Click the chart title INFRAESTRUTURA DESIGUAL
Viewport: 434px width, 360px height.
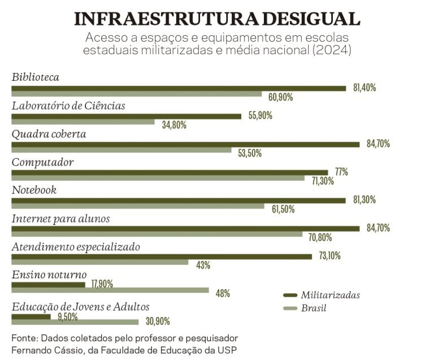[x=217, y=18]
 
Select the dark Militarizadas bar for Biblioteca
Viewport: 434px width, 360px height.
[x=179, y=88]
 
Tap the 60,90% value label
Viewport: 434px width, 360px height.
[x=281, y=97]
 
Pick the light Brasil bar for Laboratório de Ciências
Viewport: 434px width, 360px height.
[x=83, y=122]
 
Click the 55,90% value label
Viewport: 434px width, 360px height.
[x=261, y=116]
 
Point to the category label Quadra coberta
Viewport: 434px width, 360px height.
[x=49, y=135]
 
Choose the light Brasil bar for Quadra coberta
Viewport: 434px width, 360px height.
[x=121, y=150]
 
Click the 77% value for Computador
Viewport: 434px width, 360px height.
[x=341, y=172]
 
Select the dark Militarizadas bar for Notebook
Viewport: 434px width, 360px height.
[x=178, y=200]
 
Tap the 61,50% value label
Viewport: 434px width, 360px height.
[x=284, y=209]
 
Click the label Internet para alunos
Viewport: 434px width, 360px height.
[x=60, y=219]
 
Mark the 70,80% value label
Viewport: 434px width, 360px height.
[x=320, y=237]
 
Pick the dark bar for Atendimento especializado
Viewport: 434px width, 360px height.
[x=162, y=257]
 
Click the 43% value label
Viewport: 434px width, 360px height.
[x=203, y=265]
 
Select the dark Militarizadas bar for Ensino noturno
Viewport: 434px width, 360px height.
[x=48, y=285]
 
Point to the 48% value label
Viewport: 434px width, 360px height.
[x=223, y=293]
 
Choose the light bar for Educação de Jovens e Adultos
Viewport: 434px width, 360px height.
[x=75, y=322]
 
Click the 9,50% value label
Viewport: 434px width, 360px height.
[x=67, y=316]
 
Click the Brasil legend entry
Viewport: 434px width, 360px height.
[x=313, y=309]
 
